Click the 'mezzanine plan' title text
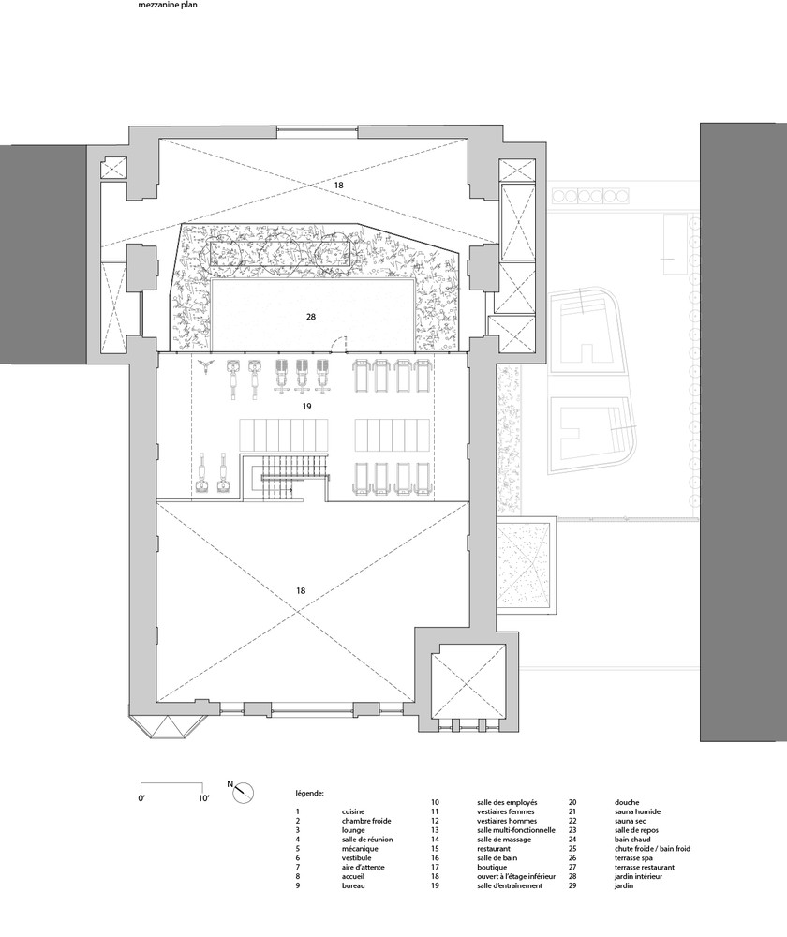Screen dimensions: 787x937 pos(168,5)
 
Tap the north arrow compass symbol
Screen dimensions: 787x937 pos(244,793)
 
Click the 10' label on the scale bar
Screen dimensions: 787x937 pos(203,797)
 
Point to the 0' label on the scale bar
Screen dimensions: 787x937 pos(141,797)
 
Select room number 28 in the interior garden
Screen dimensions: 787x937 pos(311,317)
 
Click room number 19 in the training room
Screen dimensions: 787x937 pos(306,407)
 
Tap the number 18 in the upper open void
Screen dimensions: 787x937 pos(339,186)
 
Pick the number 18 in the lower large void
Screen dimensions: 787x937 pos(301,590)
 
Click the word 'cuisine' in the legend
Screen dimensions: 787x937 pos(353,811)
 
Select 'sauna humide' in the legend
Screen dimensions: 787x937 pos(638,811)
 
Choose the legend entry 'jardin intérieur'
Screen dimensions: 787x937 pos(638,876)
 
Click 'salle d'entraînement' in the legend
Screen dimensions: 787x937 pos(510,885)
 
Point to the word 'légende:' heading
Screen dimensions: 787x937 pos(309,794)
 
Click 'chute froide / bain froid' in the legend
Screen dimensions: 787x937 pos(652,849)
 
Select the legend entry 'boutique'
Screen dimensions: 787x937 pos(492,867)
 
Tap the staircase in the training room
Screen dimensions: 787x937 pos(285,477)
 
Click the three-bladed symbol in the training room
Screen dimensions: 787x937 pos(205,366)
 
